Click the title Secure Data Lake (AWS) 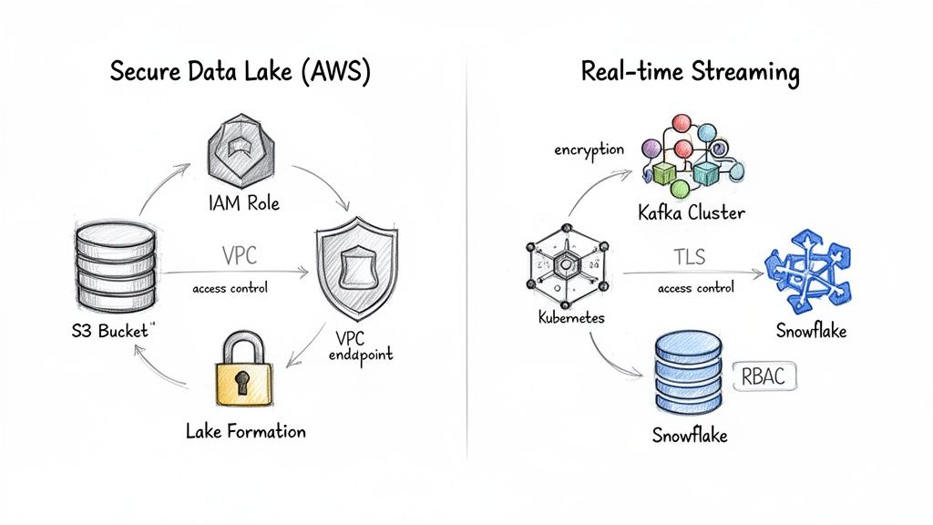click(x=240, y=73)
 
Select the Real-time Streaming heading click(x=690, y=73)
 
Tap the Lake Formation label click(x=245, y=430)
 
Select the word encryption click(x=589, y=149)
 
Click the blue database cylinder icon click(x=688, y=375)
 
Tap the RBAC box click(x=764, y=375)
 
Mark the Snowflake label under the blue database click(x=690, y=435)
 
